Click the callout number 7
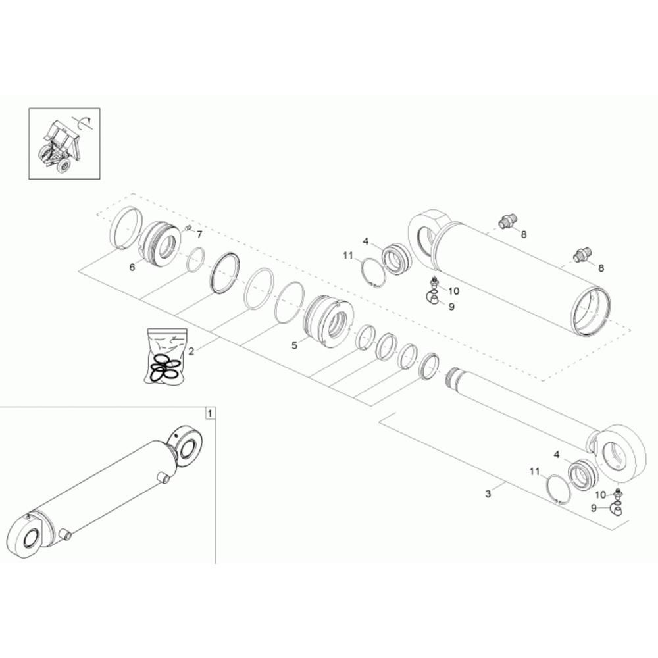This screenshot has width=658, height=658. point(199,234)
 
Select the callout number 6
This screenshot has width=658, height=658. point(132,267)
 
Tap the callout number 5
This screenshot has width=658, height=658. point(295,345)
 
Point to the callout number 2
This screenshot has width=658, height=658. point(191,351)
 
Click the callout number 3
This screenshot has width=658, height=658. point(488,494)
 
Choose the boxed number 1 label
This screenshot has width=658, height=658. point(210,413)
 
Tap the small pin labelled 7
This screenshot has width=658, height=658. point(188,228)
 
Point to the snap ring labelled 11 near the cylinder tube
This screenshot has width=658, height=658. point(373,273)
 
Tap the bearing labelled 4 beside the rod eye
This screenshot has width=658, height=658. point(582,475)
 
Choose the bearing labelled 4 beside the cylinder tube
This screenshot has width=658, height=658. point(397,259)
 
